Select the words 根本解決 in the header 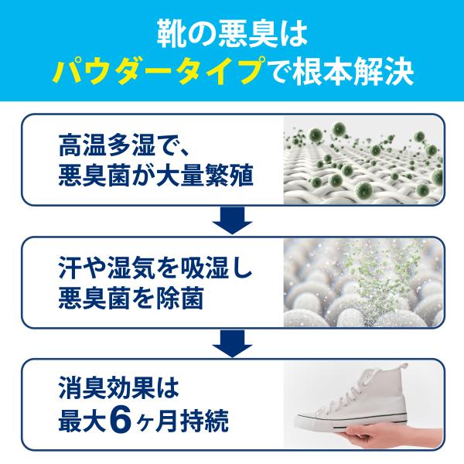coord(359,73)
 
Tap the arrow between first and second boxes coord(231,220)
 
